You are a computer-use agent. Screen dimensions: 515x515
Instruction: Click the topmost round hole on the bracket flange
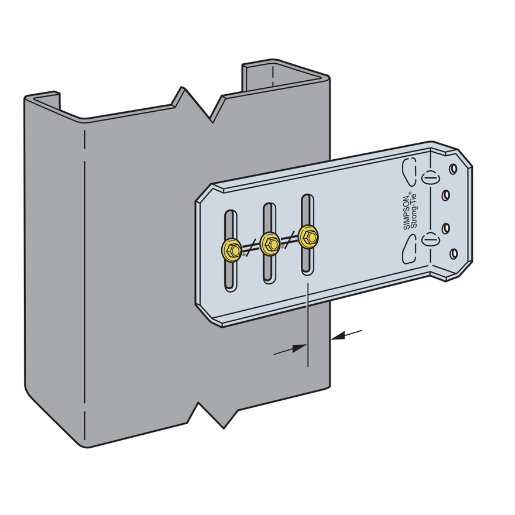tap(453, 169)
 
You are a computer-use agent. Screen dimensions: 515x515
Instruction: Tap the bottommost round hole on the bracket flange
tap(454, 253)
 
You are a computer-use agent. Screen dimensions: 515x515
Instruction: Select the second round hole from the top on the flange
tap(446, 196)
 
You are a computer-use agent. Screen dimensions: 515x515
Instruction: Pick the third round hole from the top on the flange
tap(446, 228)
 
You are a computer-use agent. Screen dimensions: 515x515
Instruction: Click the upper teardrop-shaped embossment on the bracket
tap(409, 171)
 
